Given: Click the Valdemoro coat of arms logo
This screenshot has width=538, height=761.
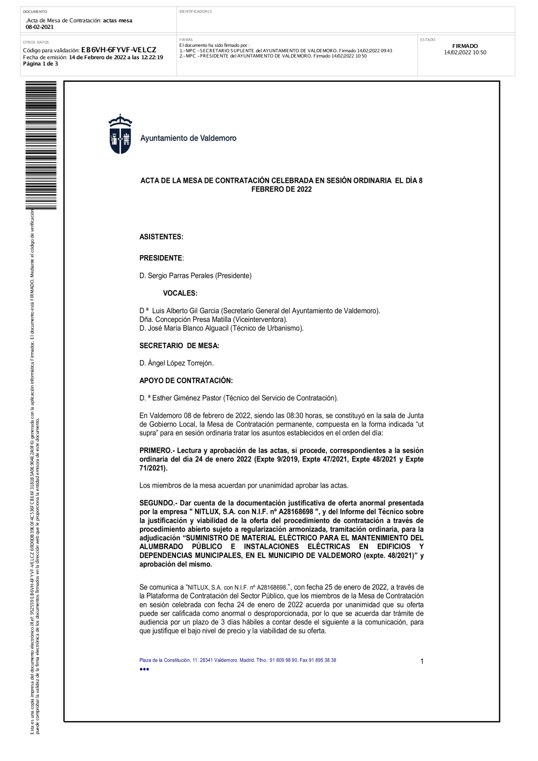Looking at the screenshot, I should tap(120, 135).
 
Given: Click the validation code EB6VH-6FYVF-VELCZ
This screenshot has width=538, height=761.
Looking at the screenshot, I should tap(118, 50).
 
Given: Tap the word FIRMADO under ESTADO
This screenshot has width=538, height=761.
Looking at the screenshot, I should tap(465, 46).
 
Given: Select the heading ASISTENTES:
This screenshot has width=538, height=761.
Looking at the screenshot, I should tap(161, 237).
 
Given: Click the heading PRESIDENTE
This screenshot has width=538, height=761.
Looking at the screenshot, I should tap(161, 258).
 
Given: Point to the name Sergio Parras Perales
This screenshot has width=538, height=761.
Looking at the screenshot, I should tap(180, 276).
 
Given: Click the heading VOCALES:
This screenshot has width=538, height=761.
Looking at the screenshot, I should tap(180, 293).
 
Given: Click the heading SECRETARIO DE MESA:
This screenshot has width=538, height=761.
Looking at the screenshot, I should tap(179, 346).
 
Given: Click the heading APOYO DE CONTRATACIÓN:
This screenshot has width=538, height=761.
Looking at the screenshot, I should tap(186, 381).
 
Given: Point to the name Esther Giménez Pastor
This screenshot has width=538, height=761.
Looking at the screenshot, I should tap(187, 398).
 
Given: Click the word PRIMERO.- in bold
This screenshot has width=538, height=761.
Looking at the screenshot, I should tap(156, 450).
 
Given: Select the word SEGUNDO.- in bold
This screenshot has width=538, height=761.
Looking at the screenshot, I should tap(157, 503).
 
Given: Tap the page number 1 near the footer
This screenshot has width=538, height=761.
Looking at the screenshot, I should tap(422, 661).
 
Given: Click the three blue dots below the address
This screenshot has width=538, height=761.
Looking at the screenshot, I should tap(144, 670).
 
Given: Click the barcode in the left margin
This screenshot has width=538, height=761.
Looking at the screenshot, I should tap(41, 145).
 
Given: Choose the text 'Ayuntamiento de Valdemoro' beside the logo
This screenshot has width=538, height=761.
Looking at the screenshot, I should tap(188, 138).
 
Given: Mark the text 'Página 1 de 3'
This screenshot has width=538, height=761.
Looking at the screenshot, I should tap(40, 64).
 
